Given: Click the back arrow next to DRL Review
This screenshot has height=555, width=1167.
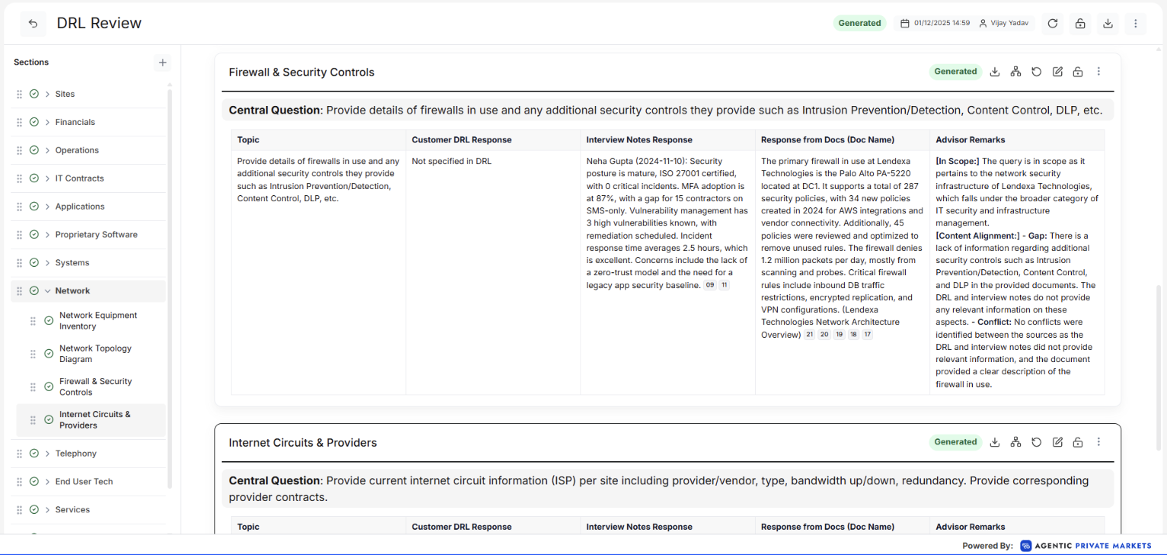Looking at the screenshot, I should point(33,24).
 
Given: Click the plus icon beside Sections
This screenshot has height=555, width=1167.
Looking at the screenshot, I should point(162,63).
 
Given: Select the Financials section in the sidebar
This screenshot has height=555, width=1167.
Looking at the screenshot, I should point(75,122).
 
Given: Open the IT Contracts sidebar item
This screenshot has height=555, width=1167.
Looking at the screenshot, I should point(79,178).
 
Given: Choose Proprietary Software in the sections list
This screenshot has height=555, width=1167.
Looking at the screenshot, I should point(96,235).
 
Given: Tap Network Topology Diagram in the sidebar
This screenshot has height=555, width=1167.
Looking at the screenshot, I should point(95,354).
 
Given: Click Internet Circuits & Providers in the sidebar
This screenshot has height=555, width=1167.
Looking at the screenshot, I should point(95,420).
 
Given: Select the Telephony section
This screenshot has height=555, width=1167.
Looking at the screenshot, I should point(75,454).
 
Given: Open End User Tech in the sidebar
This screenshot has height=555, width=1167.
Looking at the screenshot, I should point(83,482).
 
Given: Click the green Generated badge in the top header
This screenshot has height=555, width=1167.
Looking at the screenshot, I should point(859,23).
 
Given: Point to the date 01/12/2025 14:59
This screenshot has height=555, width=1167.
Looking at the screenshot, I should point(942,24).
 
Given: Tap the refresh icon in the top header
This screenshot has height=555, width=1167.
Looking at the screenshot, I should point(1053,24).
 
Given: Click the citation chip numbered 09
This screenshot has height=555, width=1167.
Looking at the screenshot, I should point(710,285).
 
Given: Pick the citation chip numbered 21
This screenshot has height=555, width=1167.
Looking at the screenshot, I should point(810,335).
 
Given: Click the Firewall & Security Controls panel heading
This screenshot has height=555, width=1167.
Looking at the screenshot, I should point(302,72).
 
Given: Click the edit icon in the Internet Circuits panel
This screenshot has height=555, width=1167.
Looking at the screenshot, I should point(1057,442).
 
